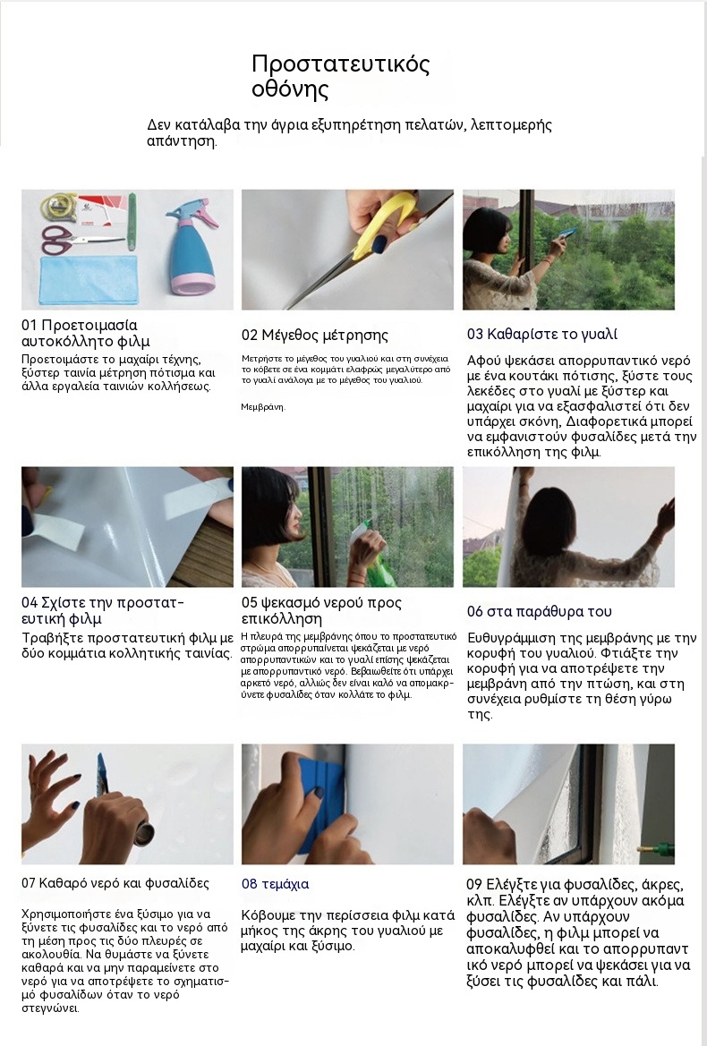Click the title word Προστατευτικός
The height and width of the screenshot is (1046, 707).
click(341, 64)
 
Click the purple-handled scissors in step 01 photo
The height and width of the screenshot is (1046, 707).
click(73, 240)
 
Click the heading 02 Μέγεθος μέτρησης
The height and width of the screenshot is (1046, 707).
click(314, 335)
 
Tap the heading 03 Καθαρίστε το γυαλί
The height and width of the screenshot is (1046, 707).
click(541, 335)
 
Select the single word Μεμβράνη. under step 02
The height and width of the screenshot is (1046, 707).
click(263, 406)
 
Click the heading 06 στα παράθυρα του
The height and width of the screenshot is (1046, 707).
click(539, 612)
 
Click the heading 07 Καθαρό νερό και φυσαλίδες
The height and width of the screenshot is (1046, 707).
click(115, 883)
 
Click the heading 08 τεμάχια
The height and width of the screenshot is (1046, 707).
click(275, 885)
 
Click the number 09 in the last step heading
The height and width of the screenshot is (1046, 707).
click(474, 885)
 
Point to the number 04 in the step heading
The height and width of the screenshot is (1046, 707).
click(30, 603)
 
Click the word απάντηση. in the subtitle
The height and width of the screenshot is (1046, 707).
click(182, 141)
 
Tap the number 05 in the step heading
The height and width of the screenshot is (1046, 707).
click(250, 603)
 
